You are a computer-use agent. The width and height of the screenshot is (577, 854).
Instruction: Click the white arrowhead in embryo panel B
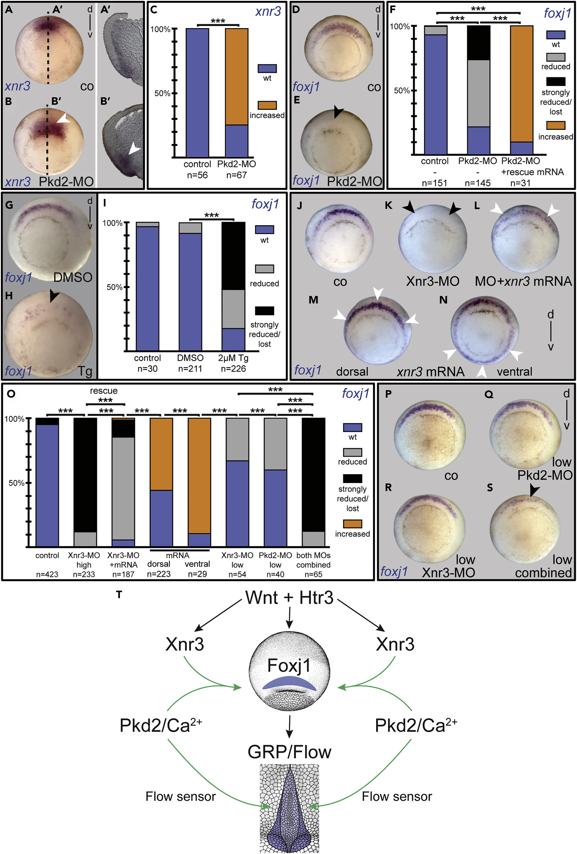[x=64, y=118]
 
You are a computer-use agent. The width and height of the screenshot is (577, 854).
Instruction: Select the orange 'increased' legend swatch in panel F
[x=555, y=125]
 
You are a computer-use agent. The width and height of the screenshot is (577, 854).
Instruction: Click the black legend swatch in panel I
[x=264, y=311]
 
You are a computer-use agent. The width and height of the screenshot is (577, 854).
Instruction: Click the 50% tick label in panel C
[x=162, y=93]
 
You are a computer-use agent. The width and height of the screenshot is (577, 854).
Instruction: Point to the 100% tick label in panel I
[x=112, y=223]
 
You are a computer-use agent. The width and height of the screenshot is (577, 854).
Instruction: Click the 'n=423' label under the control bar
[x=47, y=574]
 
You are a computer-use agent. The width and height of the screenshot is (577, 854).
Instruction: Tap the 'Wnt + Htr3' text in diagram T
[x=289, y=597]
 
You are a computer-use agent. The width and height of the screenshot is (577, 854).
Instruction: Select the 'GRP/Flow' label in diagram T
[x=289, y=752]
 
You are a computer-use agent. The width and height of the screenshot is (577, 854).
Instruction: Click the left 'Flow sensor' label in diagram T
[x=180, y=796]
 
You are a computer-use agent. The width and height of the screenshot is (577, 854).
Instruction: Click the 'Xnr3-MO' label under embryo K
[x=432, y=281]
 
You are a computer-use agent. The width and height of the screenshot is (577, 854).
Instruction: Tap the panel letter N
[x=443, y=300]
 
